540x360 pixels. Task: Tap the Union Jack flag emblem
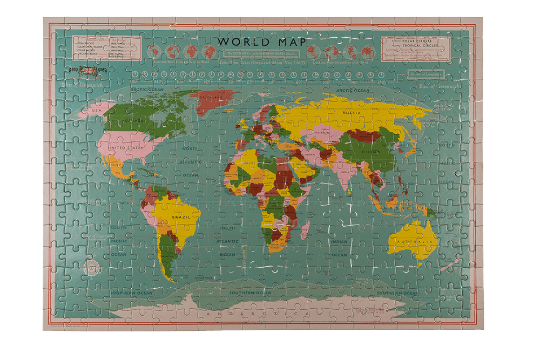pyautogui.click(x=86, y=70)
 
